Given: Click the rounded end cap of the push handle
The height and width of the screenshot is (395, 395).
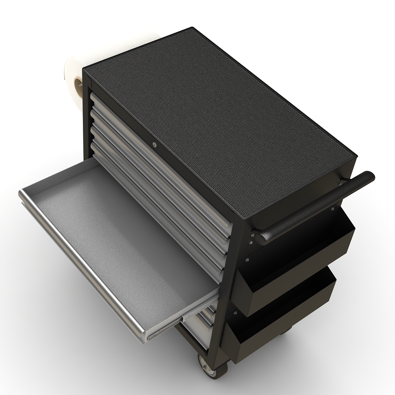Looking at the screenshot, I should coord(369,177).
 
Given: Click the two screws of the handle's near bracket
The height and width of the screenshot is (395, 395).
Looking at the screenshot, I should coord(251,239).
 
